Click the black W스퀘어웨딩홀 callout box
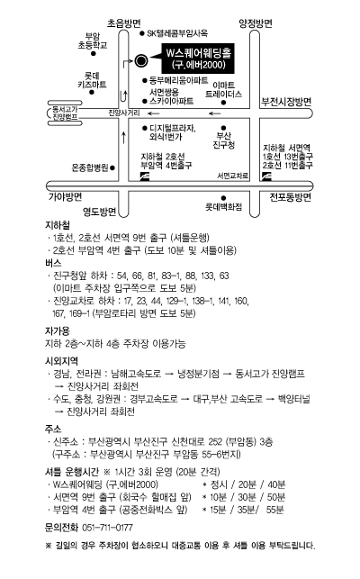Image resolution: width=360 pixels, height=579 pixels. coord(198,59)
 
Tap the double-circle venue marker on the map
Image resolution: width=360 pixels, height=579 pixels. coord(141,60)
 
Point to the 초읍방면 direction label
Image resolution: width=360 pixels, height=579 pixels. coord(123,23)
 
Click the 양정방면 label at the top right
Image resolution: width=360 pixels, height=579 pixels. coord(256,23)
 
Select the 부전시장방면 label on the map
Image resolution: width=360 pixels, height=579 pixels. coord(286,102)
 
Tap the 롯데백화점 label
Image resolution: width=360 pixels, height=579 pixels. coord(224,207)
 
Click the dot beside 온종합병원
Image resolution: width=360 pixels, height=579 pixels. coord(112,168)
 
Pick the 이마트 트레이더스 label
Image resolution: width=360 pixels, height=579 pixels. coord(223,90)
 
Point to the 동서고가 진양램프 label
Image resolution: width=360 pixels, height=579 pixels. coord(65,113)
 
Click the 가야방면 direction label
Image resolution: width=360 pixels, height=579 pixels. coord(66,197)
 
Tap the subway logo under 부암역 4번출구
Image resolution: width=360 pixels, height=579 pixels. coord(145,176)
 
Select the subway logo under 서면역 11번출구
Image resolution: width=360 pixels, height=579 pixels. coord(266,176)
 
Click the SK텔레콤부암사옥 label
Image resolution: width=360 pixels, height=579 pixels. coord(177,33)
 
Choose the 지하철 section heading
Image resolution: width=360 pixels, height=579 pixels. coord(58,225)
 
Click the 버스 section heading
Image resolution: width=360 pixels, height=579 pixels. coord(53,263)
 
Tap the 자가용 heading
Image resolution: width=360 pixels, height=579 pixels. coord(58,330)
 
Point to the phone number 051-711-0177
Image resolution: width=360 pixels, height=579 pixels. coord(107,528)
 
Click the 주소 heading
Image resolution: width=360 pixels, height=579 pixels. coord(53,430)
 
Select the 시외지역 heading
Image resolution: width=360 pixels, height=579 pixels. coord(62,361)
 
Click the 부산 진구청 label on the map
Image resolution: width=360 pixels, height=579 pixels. coord(224,140)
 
